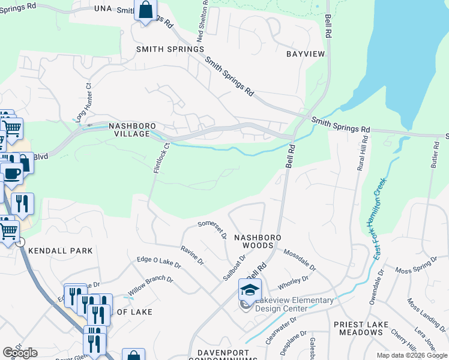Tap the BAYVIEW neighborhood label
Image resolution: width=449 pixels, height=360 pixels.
pyautogui.click(x=305, y=54)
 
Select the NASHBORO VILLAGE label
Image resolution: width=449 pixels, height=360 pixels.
pyautogui.click(x=128, y=130)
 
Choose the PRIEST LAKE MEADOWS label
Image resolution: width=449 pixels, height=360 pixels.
pyautogui.click(x=361, y=328)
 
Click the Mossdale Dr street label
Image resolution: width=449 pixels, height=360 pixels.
pyautogui.click(x=300, y=259)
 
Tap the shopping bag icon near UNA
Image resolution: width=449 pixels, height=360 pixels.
pyautogui.click(x=146, y=11)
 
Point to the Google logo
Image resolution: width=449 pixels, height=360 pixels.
pyautogui.click(x=20, y=353)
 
